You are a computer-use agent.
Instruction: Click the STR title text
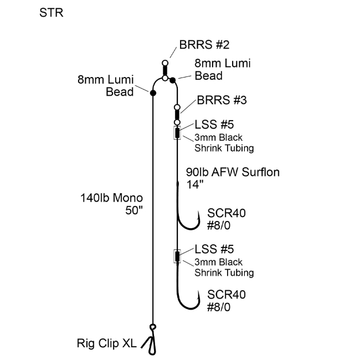pyautogui.click(x=52, y=12)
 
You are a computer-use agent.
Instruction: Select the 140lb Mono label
pyautogui.click(x=110, y=197)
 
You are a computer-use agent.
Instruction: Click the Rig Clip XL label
pyautogui.click(x=106, y=343)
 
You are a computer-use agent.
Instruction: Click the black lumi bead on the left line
pyautogui.click(x=153, y=92)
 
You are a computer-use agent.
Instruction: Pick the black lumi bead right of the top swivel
pyautogui.click(x=173, y=81)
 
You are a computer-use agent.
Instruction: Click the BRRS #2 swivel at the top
pyautogui.click(x=164, y=70)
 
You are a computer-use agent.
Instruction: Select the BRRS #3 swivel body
pyautogui.click(x=177, y=115)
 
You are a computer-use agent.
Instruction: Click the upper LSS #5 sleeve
pyautogui.click(x=177, y=133)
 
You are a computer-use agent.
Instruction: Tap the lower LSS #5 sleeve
pyautogui.click(x=177, y=256)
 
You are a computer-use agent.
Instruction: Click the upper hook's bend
pyautogui.click(x=187, y=227)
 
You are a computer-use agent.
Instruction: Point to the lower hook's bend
pyautogui.click(x=187, y=308)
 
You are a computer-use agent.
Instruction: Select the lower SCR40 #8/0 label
pyautogui.click(x=227, y=300)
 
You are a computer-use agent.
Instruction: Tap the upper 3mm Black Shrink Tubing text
pyautogui.click(x=224, y=142)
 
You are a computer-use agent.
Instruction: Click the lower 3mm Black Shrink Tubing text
pyautogui.click(x=224, y=267)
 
